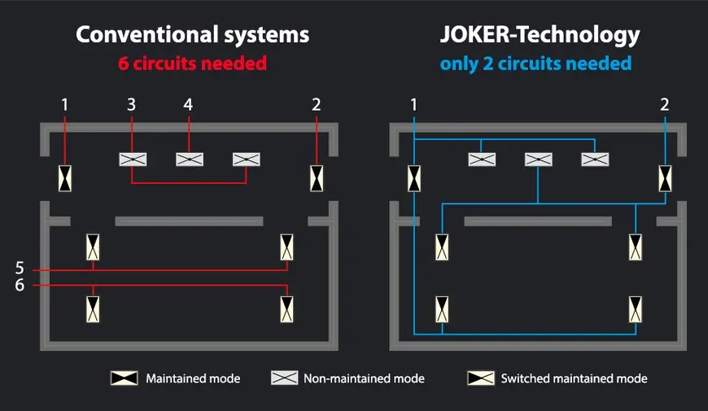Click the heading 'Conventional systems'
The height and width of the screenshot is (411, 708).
(192, 35)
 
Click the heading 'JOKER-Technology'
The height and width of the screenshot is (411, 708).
(540, 35)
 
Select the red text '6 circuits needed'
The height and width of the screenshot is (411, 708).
(192, 63)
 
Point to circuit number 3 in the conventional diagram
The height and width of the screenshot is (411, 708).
(132, 104)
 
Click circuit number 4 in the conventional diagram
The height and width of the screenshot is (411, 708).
(189, 104)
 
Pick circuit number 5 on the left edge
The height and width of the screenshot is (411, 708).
(20, 268)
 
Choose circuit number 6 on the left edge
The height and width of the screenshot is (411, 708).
(20, 285)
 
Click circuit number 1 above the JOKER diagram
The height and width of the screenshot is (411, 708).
(414, 104)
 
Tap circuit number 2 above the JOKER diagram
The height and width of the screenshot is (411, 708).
(665, 104)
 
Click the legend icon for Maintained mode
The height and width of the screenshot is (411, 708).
(125, 378)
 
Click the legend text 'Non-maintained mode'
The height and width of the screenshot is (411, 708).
(363, 378)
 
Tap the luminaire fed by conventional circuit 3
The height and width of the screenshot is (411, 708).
(132, 160)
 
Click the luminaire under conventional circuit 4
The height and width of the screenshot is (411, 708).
(189, 160)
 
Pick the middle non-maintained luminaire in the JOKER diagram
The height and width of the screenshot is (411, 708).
(538, 160)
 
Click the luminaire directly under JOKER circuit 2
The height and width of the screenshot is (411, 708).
(665, 177)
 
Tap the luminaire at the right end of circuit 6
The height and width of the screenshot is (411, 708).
(287, 308)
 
